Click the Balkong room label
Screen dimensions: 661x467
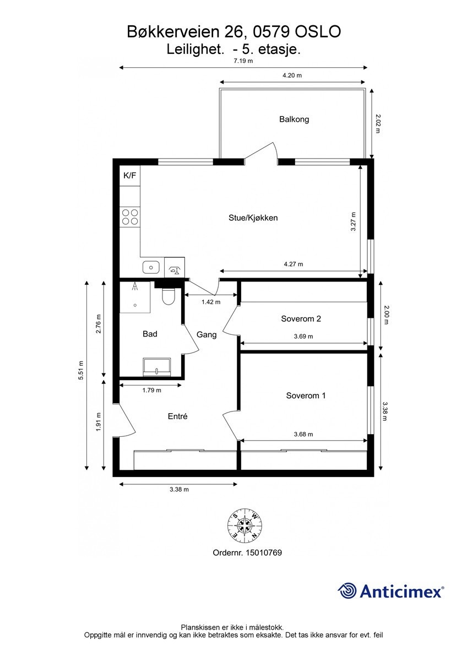(294, 119)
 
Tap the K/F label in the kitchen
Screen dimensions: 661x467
(130, 176)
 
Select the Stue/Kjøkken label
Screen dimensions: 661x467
(253, 218)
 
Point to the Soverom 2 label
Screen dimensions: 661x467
(301, 318)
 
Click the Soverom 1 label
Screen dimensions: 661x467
(306, 395)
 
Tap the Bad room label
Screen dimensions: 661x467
(150, 334)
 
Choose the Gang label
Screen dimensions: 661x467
(207, 334)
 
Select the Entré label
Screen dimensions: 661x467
(177, 416)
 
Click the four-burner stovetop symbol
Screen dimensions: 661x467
(131, 216)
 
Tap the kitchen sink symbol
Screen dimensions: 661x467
(151, 268)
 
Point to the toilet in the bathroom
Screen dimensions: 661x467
(169, 296)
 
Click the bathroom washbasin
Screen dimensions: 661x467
(157, 367)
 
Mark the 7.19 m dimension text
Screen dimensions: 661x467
(243, 61)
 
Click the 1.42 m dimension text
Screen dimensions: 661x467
(211, 302)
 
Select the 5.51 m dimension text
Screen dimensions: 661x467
(81, 375)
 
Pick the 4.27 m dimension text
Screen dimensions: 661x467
(294, 264)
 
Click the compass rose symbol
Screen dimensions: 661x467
(245, 524)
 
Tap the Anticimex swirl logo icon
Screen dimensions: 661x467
(347, 591)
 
